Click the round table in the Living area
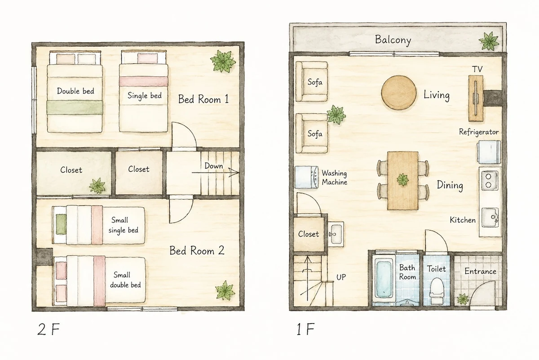click(399, 93)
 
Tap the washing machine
click(306, 177)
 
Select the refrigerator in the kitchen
click(489, 152)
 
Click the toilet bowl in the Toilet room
click(436, 291)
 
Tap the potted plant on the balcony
click(489, 41)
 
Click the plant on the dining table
click(402, 180)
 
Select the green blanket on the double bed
click(75, 107)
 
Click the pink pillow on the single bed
click(147, 58)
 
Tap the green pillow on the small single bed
click(61, 224)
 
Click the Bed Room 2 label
click(197, 251)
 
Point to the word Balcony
click(393, 40)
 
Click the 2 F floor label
click(49, 329)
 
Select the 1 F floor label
click(305, 329)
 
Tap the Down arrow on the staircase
click(215, 173)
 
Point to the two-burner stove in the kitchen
click(490, 180)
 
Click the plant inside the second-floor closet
click(97, 186)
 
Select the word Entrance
click(480, 271)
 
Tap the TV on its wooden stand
click(476, 98)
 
